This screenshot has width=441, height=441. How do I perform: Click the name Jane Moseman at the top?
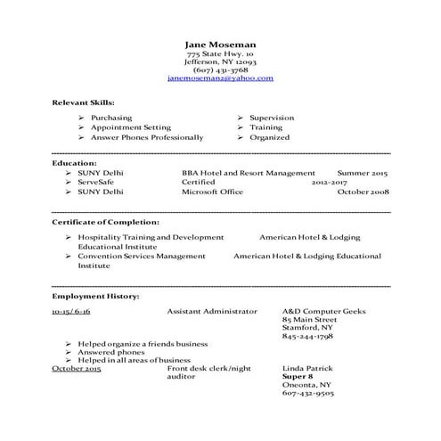(220, 44)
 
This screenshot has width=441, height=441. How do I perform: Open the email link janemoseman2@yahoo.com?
(220, 78)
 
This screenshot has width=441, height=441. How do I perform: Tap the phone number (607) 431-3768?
(220, 69)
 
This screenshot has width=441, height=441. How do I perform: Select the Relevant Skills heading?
(83, 102)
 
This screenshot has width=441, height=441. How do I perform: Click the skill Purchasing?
(111, 118)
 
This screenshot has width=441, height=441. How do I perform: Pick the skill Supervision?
(272, 118)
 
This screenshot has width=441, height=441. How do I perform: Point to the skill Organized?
(269, 137)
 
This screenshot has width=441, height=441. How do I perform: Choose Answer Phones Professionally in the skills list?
(147, 137)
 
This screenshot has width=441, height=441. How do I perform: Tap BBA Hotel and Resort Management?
(248, 172)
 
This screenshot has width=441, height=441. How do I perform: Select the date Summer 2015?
(363, 172)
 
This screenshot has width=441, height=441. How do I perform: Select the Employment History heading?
(95, 294)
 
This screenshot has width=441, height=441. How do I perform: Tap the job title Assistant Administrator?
(212, 311)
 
